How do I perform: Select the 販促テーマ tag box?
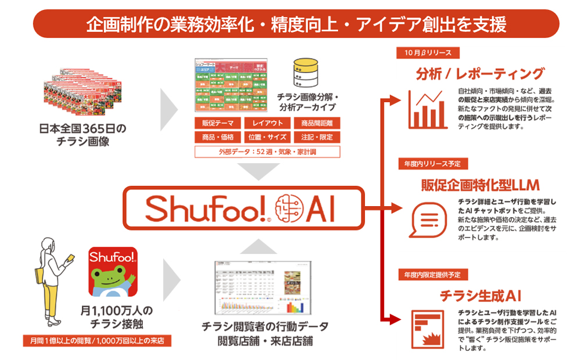point(217,123)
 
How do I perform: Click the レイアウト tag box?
point(268,123)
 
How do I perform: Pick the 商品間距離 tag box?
point(317,123)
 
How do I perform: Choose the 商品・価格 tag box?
point(217,137)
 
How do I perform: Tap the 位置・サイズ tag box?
point(268,137)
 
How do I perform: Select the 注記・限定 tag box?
point(317,137)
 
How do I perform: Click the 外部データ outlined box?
point(267,152)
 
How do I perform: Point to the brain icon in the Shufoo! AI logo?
point(289,208)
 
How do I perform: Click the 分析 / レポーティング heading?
point(480,74)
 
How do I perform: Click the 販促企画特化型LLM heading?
point(480,185)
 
